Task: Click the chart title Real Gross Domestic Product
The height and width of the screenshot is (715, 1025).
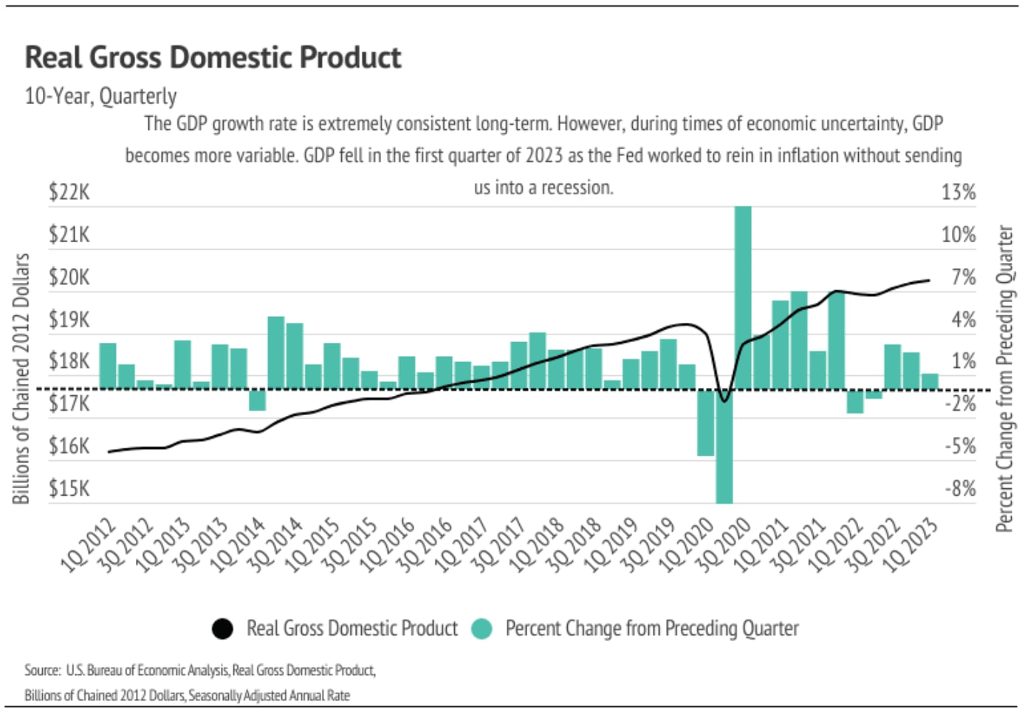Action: point(213,58)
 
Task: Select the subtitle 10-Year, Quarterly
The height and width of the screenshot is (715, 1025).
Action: point(100,96)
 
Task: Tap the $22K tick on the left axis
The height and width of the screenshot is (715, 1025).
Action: point(69,192)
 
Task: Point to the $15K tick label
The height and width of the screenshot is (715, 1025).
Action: point(69,488)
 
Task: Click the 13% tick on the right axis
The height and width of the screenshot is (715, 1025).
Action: point(958,192)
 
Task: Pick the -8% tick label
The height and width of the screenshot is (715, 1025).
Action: point(960,488)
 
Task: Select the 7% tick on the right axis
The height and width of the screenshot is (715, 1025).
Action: point(963,277)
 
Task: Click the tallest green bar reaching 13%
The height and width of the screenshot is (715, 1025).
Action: point(743,295)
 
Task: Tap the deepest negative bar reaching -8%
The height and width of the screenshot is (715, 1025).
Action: point(724,451)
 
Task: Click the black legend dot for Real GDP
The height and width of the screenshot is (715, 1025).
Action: point(222,629)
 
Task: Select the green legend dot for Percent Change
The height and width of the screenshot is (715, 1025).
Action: point(481,629)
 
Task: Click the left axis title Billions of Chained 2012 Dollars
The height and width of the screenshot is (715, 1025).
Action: point(21,378)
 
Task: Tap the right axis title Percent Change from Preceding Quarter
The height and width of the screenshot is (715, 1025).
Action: point(1004,378)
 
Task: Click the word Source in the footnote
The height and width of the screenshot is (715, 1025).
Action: point(42,670)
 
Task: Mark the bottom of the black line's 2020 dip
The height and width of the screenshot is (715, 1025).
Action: point(724,401)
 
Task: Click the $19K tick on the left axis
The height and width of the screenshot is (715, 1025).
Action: point(69,319)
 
